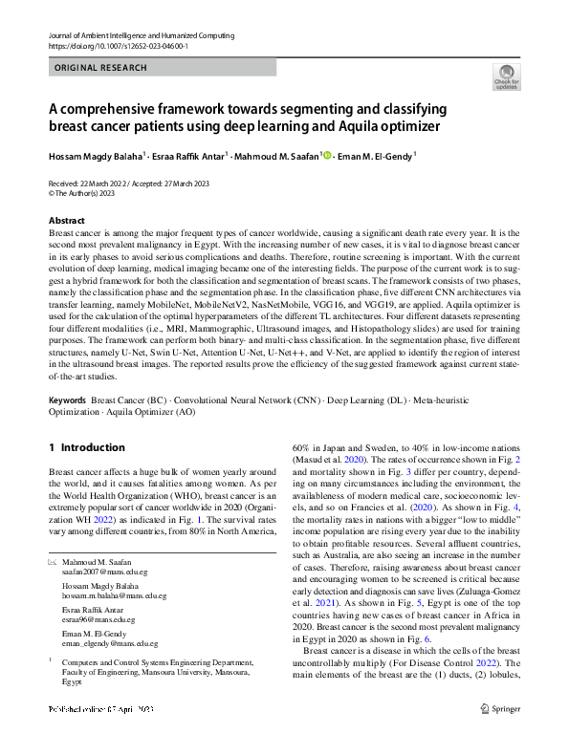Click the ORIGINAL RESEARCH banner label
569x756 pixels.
pos(101,68)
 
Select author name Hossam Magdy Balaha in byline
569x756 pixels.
pos(95,156)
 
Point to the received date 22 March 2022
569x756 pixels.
pos(99,184)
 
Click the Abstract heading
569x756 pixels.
pos(67,220)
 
